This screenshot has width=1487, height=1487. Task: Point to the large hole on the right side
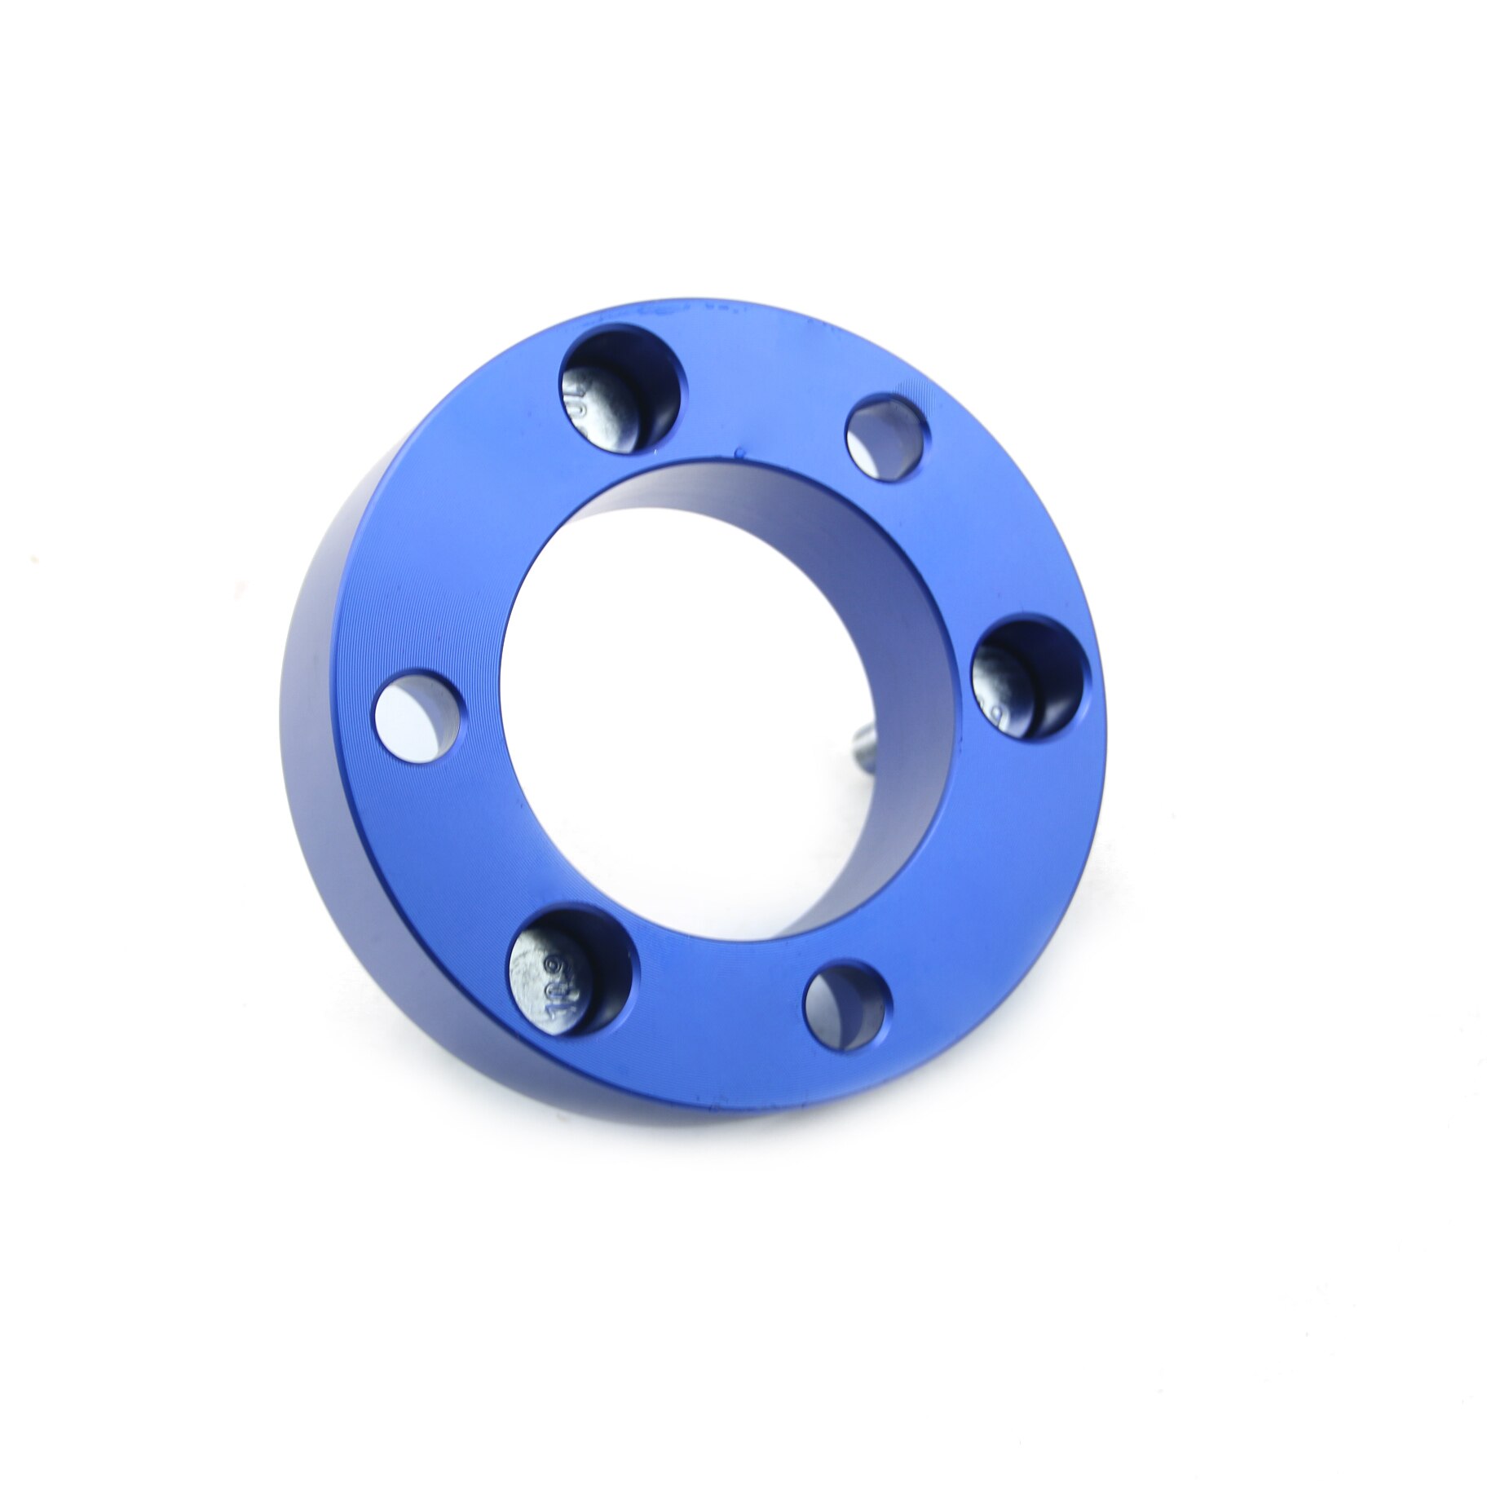(x=1031, y=679)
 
